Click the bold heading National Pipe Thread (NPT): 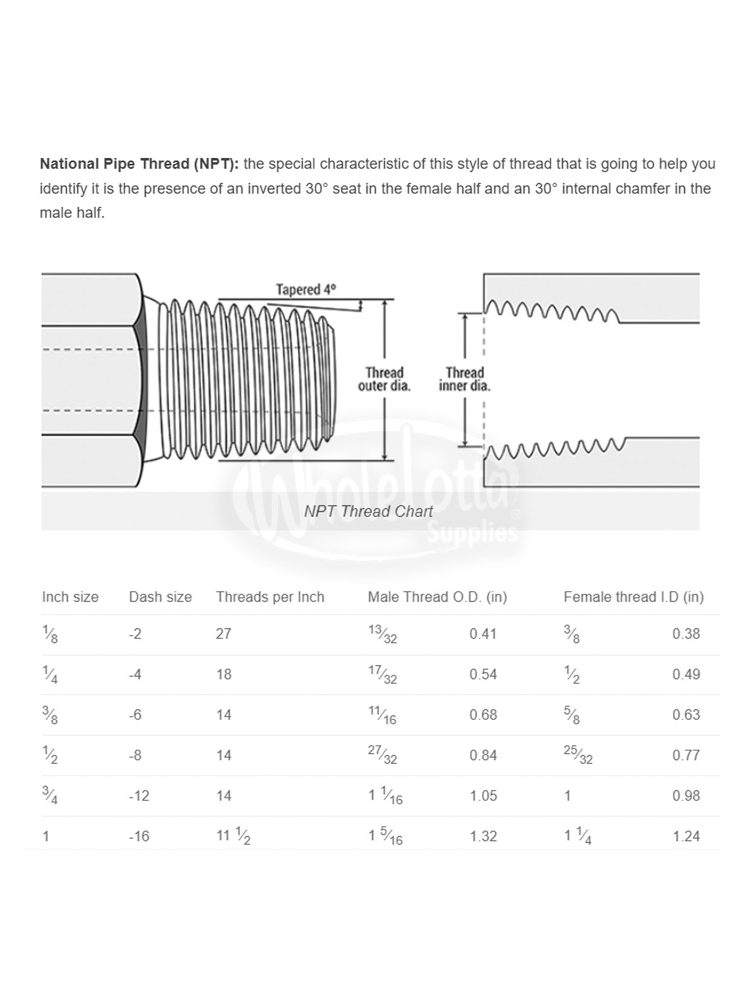(x=139, y=164)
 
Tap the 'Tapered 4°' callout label (x=306, y=289)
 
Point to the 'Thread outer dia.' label (x=384, y=379)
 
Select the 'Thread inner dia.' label (x=464, y=379)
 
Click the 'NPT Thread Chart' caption (x=368, y=512)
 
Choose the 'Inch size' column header (x=70, y=597)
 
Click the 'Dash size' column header (x=160, y=597)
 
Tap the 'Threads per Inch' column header (x=270, y=597)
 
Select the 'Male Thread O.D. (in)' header (x=437, y=597)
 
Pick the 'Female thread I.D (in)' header (x=633, y=597)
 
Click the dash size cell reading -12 (x=139, y=796)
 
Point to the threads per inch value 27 (x=224, y=634)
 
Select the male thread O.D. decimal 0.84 (x=483, y=755)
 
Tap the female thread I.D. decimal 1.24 (x=686, y=836)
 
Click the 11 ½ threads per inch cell (x=233, y=836)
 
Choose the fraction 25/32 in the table (x=578, y=755)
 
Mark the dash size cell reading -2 (x=135, y=634)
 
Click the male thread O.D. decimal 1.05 (x=483, y=796)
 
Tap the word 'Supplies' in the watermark (x=473, y=533)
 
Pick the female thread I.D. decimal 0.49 (x=686, y=674)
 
